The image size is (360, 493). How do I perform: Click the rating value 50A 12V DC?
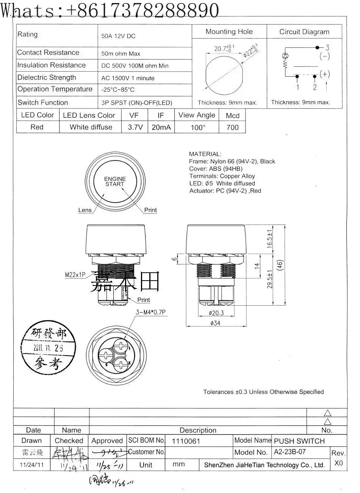(x=118, y=36)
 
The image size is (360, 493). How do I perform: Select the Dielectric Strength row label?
(x=47, y=77)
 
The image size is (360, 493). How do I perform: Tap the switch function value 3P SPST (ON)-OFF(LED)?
(x=136, y=103)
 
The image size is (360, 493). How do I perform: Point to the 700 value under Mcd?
(x=232, y=127)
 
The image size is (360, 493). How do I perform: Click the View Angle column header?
(x=197, y=115)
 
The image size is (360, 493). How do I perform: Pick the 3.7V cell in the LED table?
(x=135, y=127)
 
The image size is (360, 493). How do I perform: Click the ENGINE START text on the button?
(x=115, y=181)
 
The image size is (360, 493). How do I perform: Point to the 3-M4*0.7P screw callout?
(x=151, y=312)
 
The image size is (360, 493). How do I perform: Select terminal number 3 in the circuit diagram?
(x=327, y=48)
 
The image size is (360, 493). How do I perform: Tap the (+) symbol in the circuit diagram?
(x=325, y=74)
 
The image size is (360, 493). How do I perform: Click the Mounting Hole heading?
(x=229, y=32)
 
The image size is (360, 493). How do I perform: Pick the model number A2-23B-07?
(x=290, y=452)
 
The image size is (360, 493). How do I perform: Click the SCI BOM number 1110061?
(x=186, y=441)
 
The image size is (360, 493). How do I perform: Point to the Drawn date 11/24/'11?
(x=31, y=465)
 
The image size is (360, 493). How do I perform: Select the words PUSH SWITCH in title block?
(x=299, y=441)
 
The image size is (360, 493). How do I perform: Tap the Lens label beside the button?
(x=85, y=210)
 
